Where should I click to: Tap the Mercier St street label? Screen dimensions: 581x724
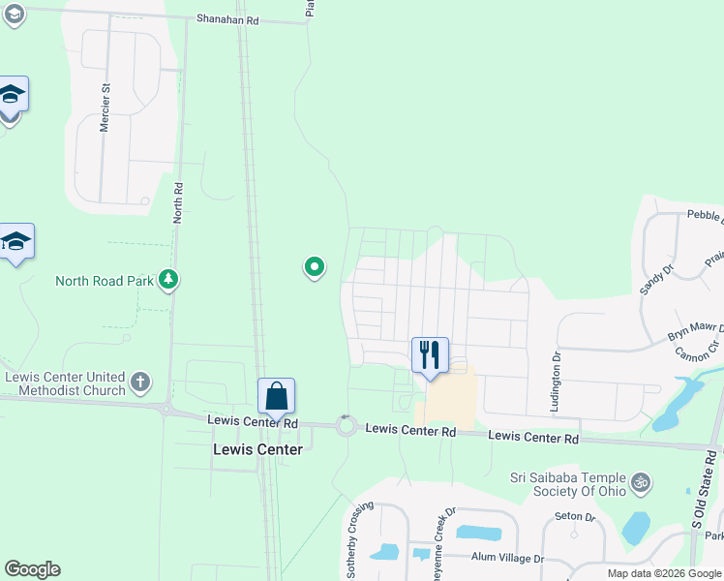[106, 107]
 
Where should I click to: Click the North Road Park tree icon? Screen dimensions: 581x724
[169, 280]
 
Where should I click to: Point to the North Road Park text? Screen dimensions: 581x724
[105, 281]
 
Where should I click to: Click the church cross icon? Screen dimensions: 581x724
[140, 382]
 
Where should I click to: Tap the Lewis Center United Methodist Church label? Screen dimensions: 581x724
[65, 383]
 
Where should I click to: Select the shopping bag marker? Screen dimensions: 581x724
[276, 397]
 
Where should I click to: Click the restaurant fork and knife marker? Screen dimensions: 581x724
[430, 355]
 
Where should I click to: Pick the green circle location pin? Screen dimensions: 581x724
[314, 266]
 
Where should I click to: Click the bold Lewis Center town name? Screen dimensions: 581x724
[257, 449]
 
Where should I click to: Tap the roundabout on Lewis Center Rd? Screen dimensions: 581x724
[346, 425]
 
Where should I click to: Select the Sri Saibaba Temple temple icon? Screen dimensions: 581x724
[640, 481]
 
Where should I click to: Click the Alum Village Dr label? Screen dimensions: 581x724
[507, 558]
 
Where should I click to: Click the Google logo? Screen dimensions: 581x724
[32, 569]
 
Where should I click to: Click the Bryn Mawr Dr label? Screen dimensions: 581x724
[695, 333]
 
